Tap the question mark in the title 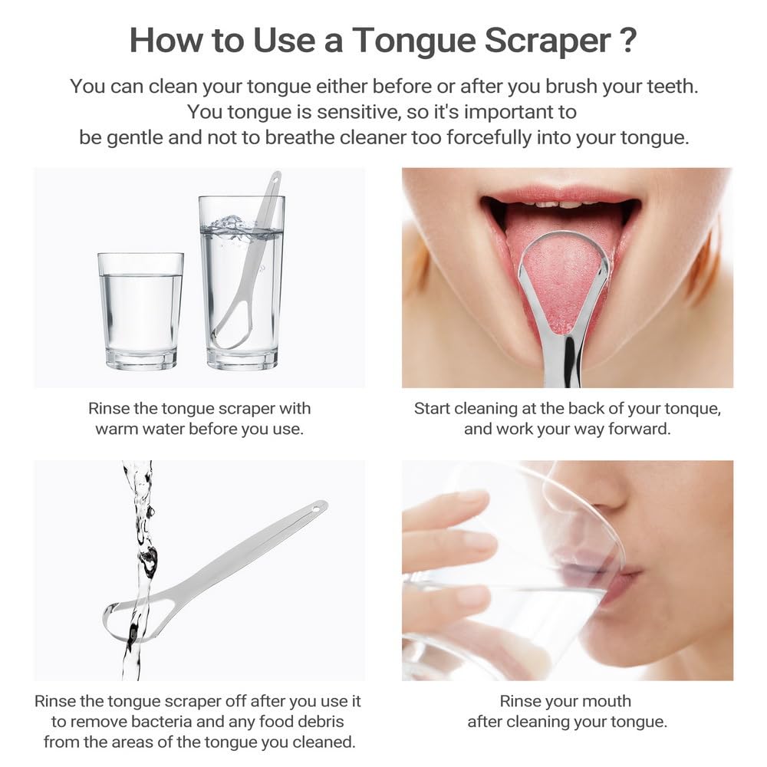tap(627, 41)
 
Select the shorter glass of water tap(140, 311)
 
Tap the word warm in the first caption tap(120, 429)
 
